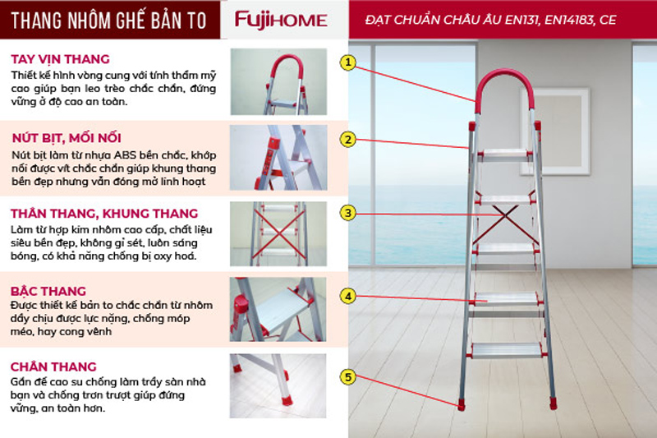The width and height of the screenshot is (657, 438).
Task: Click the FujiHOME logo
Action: (x=281, y=20)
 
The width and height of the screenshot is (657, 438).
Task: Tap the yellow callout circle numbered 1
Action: (x=347, y=62)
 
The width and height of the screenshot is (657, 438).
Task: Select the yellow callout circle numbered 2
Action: (x=347, y=140)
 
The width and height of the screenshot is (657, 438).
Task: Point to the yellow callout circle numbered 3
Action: (x=347, y=213)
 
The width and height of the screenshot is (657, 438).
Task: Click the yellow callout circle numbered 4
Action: (x=347, y=297)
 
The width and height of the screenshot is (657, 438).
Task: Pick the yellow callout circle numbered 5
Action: (x=347, y=377)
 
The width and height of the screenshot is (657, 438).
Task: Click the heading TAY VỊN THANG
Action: (x=60, y=59)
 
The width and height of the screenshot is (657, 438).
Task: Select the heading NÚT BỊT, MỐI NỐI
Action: (x=67, y=138)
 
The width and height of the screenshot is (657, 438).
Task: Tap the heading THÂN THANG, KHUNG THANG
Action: (x=104, y=214)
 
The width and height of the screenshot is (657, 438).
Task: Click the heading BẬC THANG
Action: (x=48, y=291)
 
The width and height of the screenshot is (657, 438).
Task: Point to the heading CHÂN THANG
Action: (x=53, y=367)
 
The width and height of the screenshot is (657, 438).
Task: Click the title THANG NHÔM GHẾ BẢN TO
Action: (x=109, y=20)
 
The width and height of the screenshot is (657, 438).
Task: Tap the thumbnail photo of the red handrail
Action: (x=278, y=81)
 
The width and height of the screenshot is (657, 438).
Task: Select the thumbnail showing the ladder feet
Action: (x=278, y=386)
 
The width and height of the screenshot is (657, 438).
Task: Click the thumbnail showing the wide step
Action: (x=278, y=309)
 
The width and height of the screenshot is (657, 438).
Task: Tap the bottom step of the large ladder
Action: (x=506, y=350)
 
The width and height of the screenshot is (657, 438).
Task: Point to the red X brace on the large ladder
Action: (x=506, y=224)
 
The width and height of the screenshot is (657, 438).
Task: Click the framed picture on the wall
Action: (x=555, y=131)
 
